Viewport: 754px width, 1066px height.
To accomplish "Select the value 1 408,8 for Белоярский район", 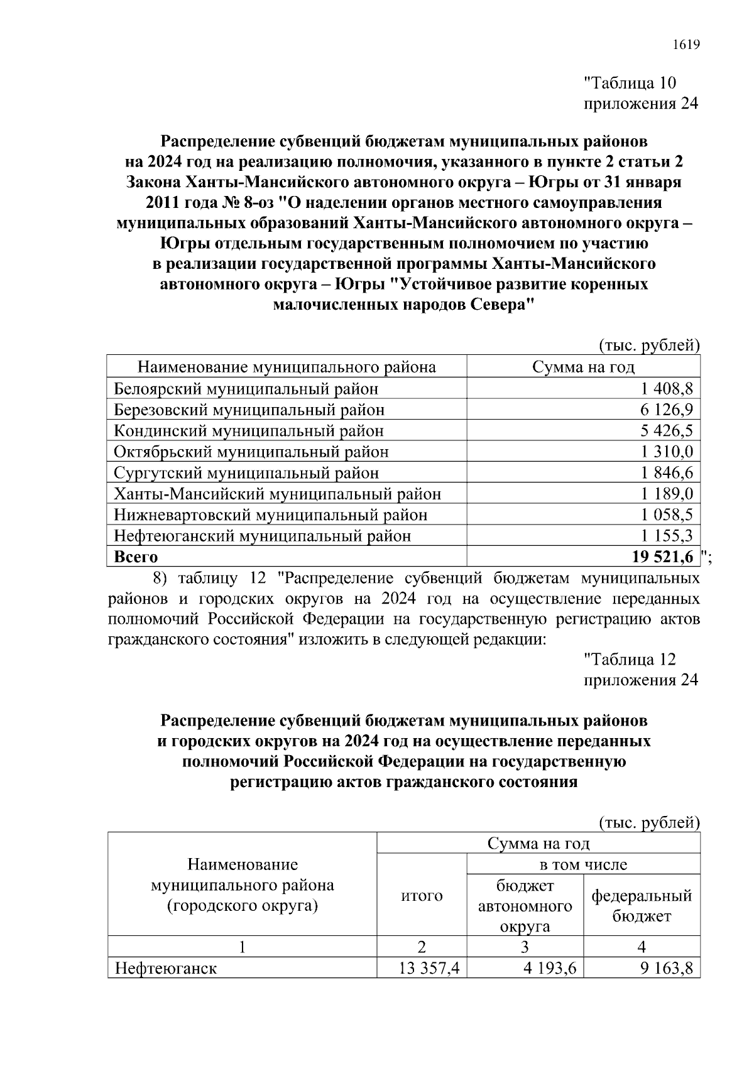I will coord(667,389).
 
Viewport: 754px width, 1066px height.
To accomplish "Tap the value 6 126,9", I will coord(667,410).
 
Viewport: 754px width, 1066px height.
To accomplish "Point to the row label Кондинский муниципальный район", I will coord(249,431).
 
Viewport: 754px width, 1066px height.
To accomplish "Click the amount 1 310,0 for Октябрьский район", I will coord(667,452).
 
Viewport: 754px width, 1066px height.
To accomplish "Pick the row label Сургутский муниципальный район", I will coord(246,473).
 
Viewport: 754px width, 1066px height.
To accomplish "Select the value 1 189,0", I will coord(667,494).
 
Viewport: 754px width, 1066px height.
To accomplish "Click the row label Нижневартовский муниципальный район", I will coord(270,515).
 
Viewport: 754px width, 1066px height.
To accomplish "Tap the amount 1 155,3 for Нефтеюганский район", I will coord(667,536).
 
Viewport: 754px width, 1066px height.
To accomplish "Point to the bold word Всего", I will coord(136,557).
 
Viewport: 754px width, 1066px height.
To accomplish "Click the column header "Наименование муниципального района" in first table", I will coord(287,367).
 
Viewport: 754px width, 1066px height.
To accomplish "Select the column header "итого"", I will coord(422,895).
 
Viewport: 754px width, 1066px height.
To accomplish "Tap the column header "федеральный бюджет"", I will coord(642,905).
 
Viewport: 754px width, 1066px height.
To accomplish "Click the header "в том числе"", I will coord(584,864).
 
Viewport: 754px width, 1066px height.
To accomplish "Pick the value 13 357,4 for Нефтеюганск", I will coord(429,968).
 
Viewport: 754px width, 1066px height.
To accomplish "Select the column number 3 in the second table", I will coord(525,947).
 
